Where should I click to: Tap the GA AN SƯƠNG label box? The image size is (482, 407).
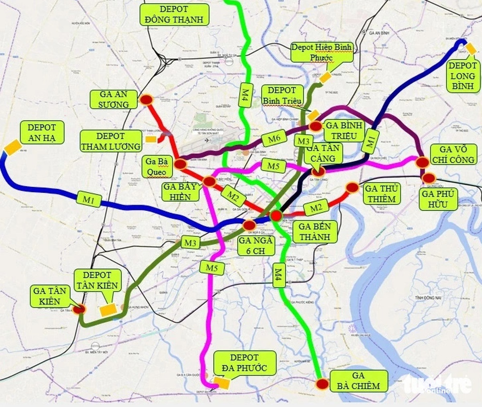coord(114,99)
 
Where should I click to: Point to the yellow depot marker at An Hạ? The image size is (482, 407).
coord(12,147)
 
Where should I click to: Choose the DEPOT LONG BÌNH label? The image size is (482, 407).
coord(462,76)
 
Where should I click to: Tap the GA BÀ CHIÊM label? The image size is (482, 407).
coord(358,381)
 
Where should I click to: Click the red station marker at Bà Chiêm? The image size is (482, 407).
coord(322,384)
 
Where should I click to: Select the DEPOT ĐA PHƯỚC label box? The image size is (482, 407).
coord(245,362)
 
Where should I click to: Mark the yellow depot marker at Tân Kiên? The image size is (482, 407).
coord(108,310)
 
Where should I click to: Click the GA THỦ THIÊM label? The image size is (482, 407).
coord(381,194)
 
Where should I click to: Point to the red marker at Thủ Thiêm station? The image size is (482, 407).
coord(352,187)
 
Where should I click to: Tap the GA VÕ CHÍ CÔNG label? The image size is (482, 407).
coord(453,155)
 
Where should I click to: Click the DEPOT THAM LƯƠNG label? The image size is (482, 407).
coord(111,141)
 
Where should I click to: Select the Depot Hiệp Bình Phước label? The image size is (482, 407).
coord(322,52)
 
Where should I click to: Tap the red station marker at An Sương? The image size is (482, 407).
coord(146,100)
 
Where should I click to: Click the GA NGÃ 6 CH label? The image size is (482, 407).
coord(257,245)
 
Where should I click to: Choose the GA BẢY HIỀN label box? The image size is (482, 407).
coord(180,191)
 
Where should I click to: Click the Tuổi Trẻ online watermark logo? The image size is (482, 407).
coord(437,385)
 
